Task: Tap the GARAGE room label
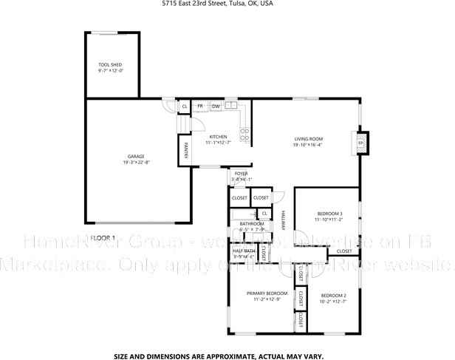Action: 135,156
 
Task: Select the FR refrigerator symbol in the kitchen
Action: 199,107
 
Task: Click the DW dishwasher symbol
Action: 215,107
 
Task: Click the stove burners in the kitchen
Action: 244,134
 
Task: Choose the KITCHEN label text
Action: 218,137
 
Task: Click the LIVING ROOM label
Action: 309,139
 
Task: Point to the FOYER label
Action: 242,174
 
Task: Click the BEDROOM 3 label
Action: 329,214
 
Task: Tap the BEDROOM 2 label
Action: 333,296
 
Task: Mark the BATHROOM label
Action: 251,223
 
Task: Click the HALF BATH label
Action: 244,251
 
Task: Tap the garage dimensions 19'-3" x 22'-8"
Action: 136,162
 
